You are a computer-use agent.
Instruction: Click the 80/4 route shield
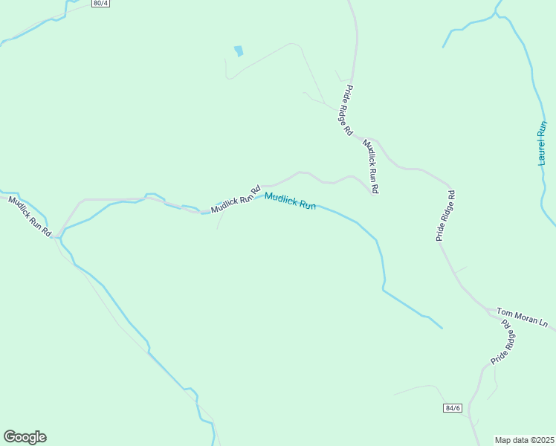tap(101, 4)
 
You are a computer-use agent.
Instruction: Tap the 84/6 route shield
tap(452, 408)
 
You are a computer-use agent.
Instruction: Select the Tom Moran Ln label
tap(521, 318)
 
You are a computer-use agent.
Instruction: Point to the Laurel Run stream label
tap(543, 143)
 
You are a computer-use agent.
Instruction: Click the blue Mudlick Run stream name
tap(290, 201)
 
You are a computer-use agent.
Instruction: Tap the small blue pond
tap(238, 51)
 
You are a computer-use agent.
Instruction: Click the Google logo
tap(25, 437)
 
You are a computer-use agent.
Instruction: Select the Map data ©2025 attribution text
tap(525, 440)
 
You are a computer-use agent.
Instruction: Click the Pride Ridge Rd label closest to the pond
tap(347, 110)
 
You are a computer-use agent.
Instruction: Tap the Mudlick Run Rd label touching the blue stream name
tap(235, 199)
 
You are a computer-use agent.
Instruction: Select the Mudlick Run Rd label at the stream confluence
tap(30, 216)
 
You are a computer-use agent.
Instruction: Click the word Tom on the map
tap(504, 313)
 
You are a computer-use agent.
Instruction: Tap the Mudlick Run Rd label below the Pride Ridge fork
tap(370, 167)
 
